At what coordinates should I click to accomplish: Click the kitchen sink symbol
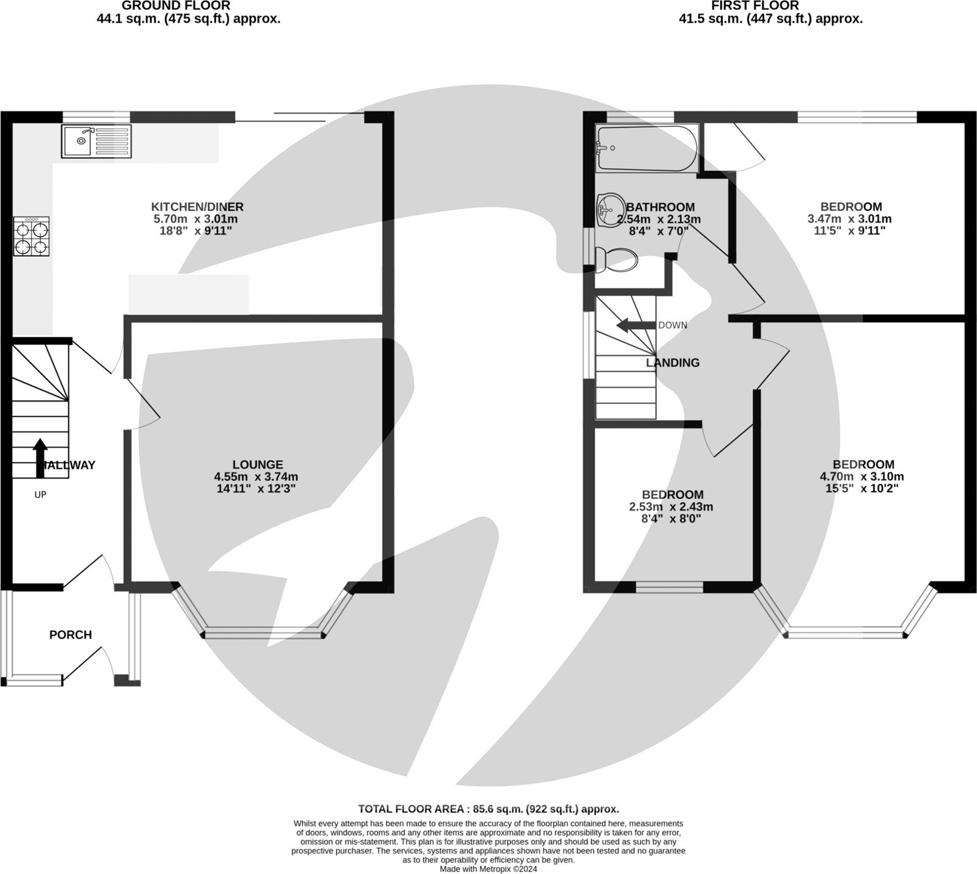96,141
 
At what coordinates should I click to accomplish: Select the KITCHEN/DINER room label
197,207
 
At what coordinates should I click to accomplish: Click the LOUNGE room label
257,465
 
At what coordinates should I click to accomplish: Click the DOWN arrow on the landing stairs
635,325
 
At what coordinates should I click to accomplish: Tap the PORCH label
71,635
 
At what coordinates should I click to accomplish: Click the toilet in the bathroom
617,260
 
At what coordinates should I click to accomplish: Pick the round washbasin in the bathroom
608,209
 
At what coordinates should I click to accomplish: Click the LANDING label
672,362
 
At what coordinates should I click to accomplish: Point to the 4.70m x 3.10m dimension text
862,477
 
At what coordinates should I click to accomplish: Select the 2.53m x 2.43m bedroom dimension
671,507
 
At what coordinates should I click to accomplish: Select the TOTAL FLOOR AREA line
488,809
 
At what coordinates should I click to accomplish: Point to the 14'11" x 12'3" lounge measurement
256,488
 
